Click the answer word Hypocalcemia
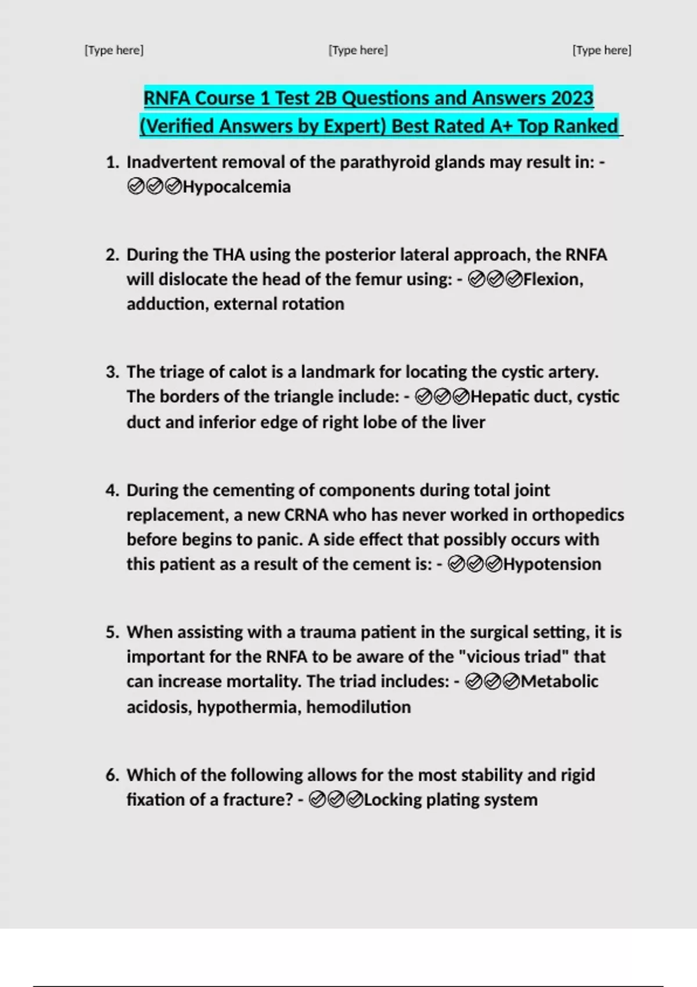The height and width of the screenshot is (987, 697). tap(236, 187)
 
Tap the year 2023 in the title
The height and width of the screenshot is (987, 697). tap(572, 98)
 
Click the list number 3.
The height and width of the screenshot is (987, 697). tap(112, 372)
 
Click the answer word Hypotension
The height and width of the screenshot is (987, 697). tap(552, 564)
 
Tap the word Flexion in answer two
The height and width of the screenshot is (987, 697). tap(552, 279)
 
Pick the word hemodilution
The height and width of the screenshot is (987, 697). tap(358, 707)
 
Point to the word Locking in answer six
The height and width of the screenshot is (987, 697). tap(393, 799)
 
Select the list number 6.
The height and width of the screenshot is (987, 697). tap(112, 775)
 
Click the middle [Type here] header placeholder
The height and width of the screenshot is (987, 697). tap(358, 51)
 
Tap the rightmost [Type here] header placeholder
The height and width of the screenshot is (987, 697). tap(602, 51)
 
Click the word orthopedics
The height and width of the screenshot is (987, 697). tap(578, 515)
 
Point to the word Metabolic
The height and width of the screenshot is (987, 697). tap(559, 681)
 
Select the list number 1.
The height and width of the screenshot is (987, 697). tap(112, 162)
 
